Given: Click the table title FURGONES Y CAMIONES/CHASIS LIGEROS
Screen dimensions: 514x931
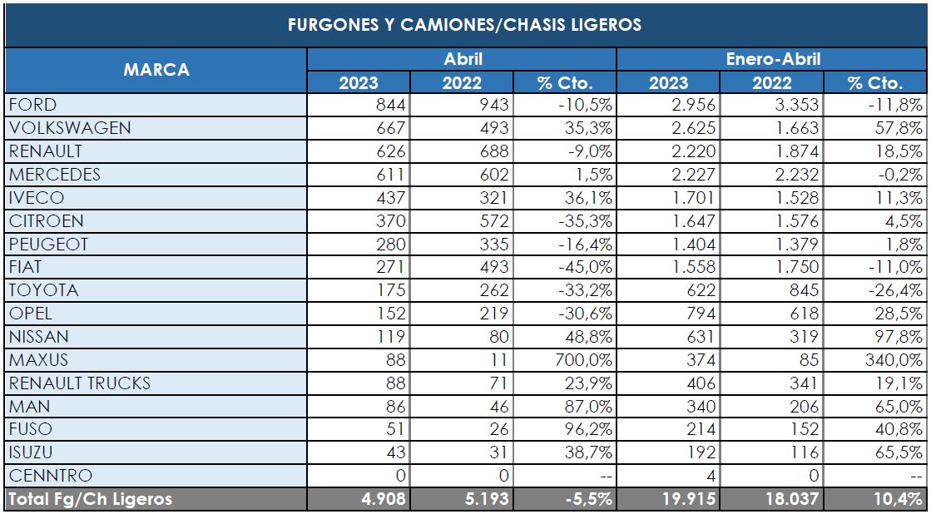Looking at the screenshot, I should [464, 25].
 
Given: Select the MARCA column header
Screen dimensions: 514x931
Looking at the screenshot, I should [156, 70].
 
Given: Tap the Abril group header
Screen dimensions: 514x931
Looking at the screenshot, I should [463, 59].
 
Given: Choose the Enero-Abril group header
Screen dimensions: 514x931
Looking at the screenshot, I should [772, 59].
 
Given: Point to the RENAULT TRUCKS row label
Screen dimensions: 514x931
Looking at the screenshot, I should [80, 383].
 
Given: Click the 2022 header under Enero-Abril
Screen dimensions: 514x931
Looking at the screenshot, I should [772, 82].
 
